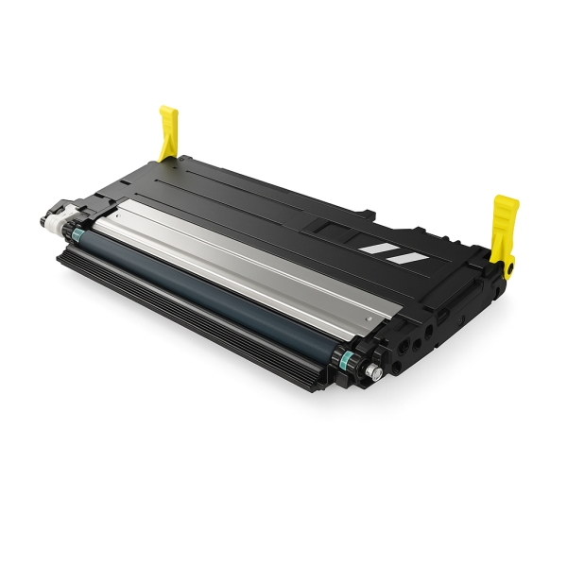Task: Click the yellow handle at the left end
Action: (x=169, y=132)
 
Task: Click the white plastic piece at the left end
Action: (x=57, y=218)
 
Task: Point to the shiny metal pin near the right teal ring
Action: (x=375, y=373)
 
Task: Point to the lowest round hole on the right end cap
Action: (x=407, y=360)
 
